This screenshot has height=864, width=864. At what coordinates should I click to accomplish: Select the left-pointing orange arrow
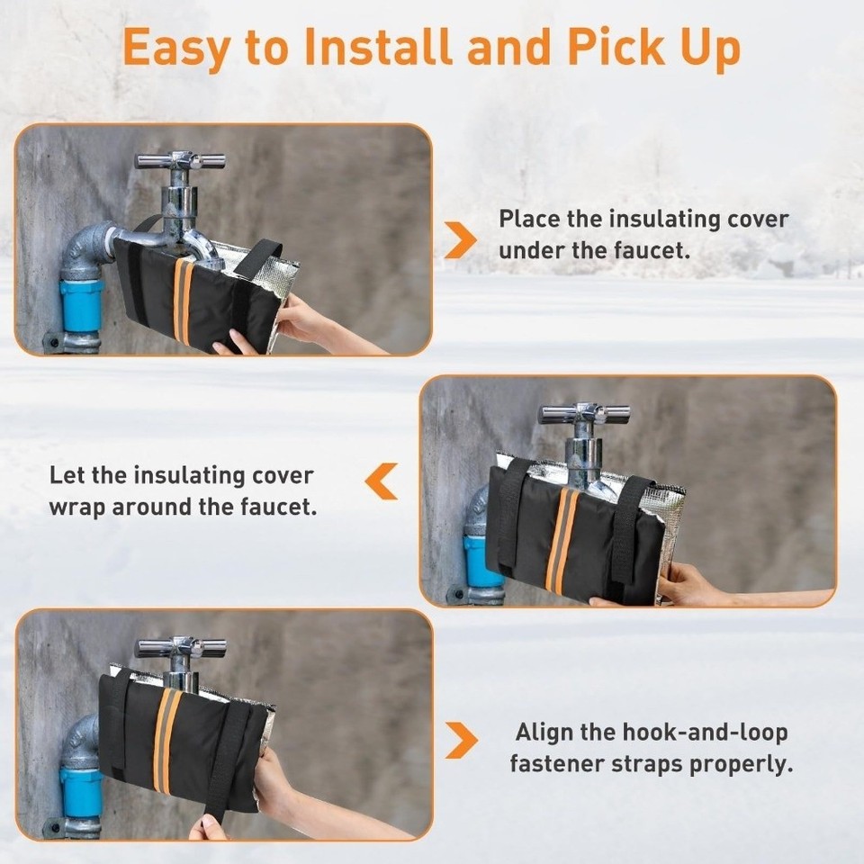click(381, 481)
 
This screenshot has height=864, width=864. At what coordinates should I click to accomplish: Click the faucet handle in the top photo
click(180, 162)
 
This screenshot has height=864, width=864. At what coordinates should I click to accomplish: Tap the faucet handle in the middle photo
click(584, 414)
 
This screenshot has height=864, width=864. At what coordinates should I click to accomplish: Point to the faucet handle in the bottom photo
click(181, 647)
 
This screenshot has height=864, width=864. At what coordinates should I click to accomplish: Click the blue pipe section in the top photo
click(82, 305)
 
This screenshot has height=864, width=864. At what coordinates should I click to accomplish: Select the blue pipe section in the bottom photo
click(82, 790)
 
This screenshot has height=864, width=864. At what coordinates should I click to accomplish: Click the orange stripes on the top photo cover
click(183, 301)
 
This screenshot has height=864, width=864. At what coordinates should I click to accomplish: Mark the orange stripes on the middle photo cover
click(563, 540)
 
